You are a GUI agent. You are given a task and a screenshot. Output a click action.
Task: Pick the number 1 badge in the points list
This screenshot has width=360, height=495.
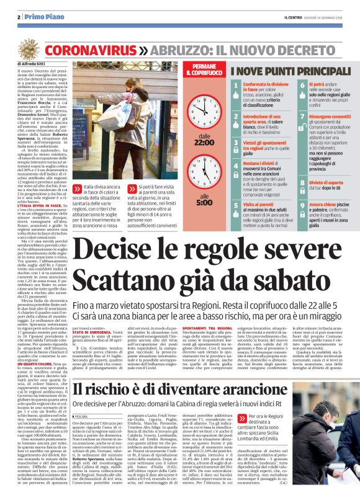pos(236,85)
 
